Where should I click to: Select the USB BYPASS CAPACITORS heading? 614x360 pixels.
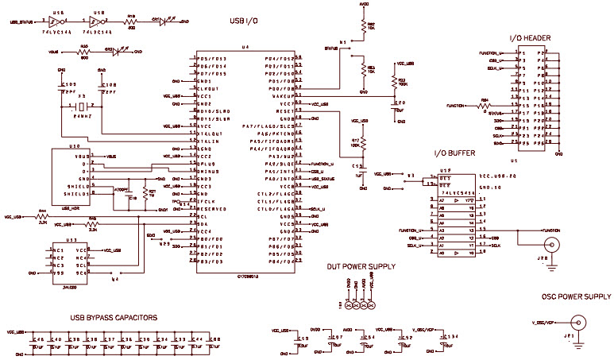[x=113, y=317]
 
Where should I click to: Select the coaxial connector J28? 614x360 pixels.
[x=546, y=244]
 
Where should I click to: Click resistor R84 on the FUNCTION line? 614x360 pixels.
[x=485, y=103]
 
